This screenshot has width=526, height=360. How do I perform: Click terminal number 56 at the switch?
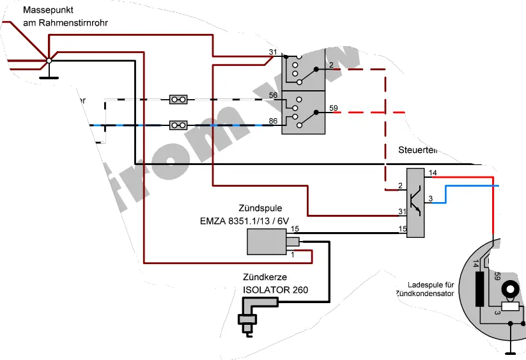273,95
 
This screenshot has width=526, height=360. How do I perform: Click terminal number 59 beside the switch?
333,107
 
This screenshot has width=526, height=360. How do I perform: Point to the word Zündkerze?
264,278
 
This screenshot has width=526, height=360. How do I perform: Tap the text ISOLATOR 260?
275,290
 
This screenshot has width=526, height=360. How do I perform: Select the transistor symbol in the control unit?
416,201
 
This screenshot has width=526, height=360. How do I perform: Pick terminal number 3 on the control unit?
431,199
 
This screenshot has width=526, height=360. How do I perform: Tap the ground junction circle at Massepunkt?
49,61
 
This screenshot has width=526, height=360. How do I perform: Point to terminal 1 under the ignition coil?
292,255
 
